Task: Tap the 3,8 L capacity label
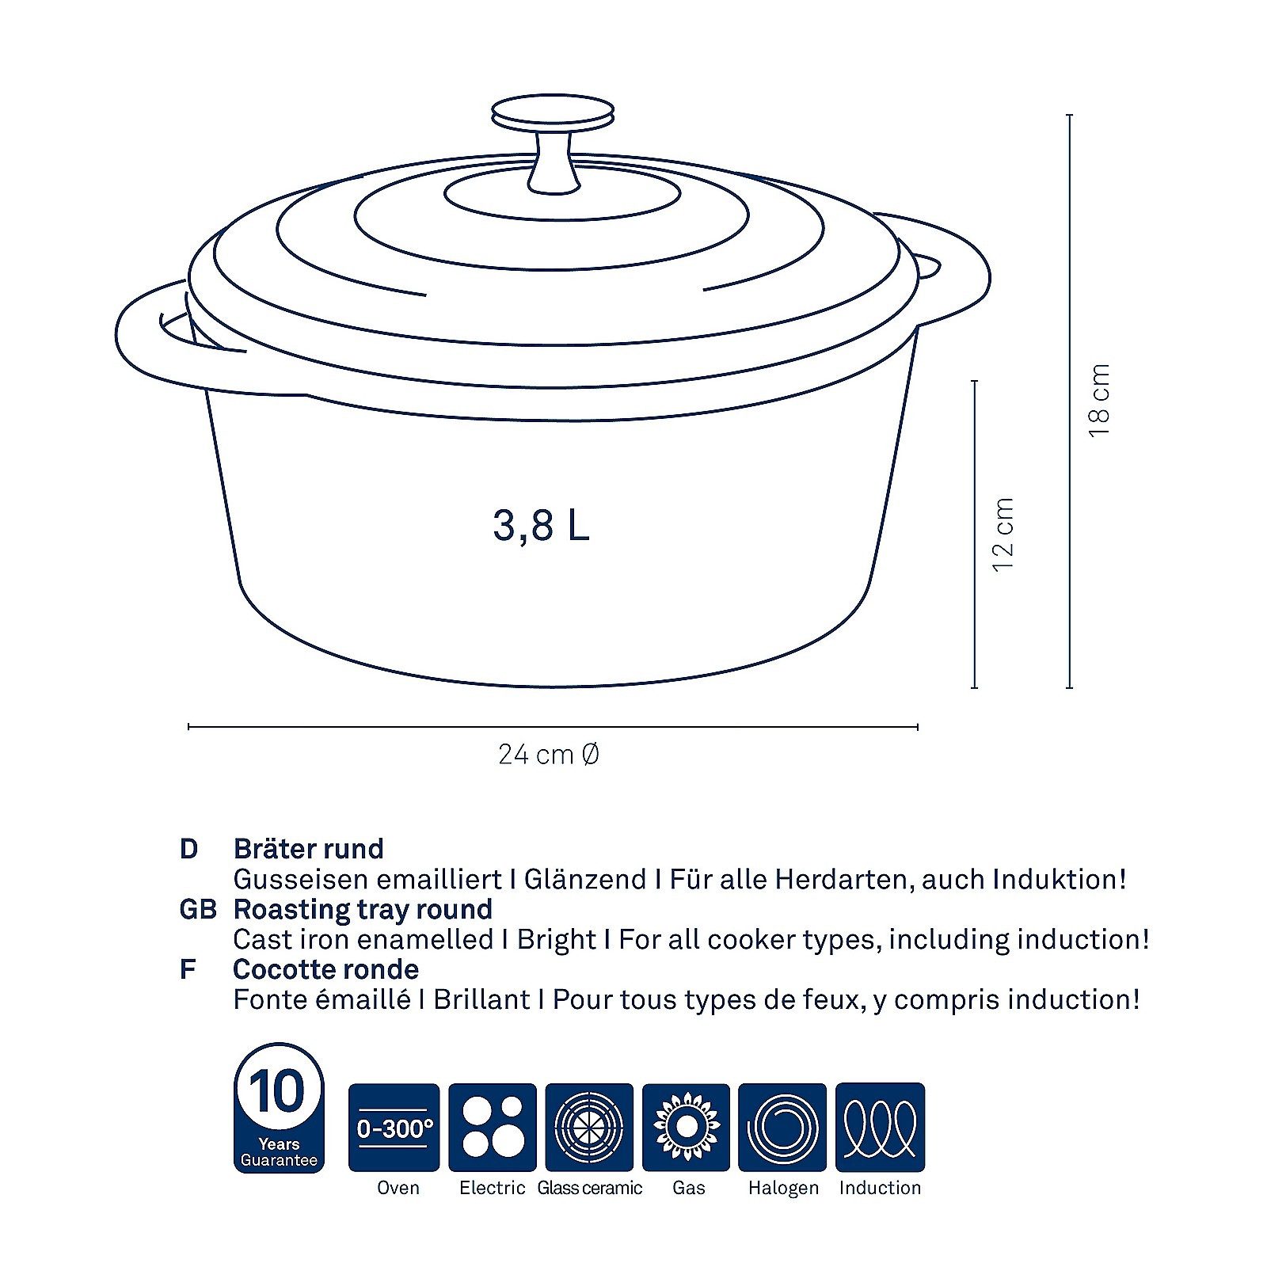click(x=542, y=524)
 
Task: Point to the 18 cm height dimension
click(x=1100, y=400)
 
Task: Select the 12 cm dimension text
click(x=1003, y=535)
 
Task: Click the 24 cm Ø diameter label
click(x=548, y=755)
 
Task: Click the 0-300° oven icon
click(x=394, y=1127)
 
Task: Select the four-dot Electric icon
click(x=492, y=1127)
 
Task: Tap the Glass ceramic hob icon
click(x=589, y=1127)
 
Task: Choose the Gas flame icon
click(x=686, y=1127)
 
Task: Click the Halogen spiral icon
click(x=782, y=1127)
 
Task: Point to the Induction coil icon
click(x=880, y=1127)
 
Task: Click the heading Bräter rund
click(x=308, y=849)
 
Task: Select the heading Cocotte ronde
click(x=325, y=969)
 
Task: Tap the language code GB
click(x=198, y=909)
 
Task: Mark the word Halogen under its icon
click(x=782, y=1188)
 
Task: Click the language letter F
click(x=188, y=969)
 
